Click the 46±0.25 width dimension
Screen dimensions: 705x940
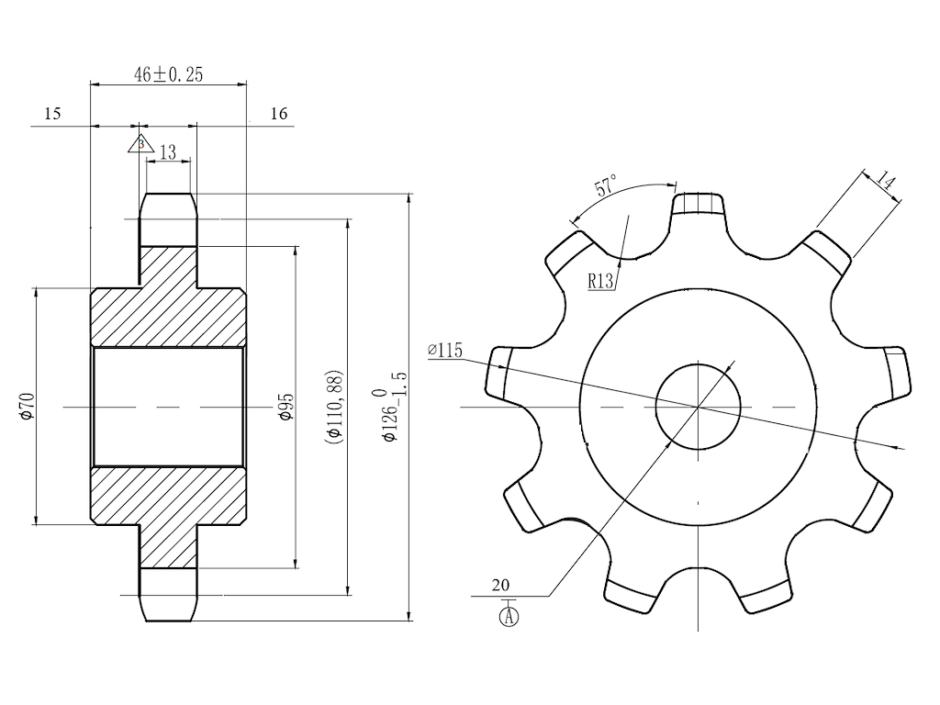[168, 75]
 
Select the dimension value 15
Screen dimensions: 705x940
[52, 114]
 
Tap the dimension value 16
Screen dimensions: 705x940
[279, 114]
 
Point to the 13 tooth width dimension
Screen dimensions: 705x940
[167, 152]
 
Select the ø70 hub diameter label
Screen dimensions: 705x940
[26, 405]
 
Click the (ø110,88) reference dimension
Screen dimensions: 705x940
[334, 405]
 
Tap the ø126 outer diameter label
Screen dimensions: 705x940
[393, 405]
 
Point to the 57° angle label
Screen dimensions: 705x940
[606, 187]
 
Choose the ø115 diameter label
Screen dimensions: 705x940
[445, 351]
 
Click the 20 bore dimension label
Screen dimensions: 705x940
[500, 585]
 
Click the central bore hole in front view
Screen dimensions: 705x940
[698, 405]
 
